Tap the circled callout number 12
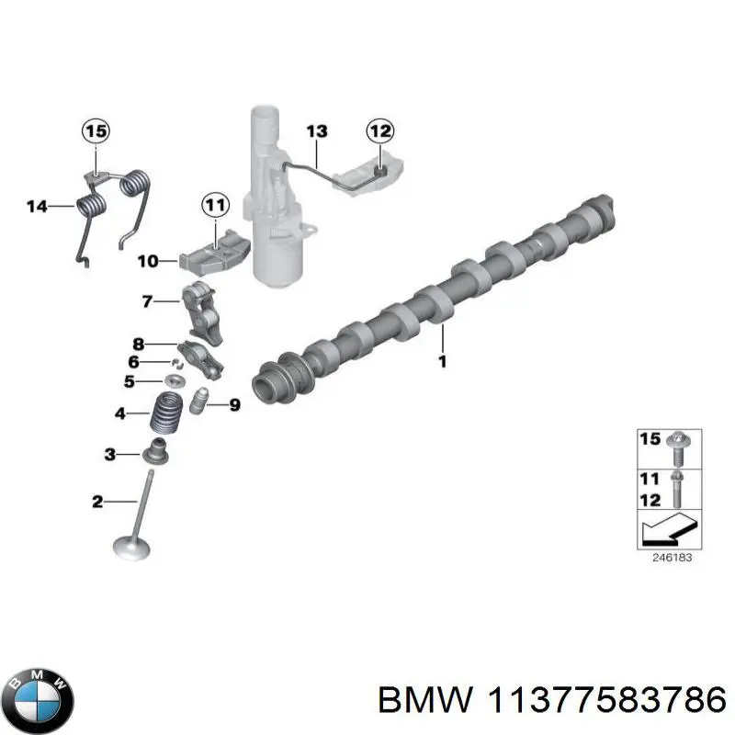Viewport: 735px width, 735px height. click(x=379, y=132)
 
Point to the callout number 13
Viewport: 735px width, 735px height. click(x=315, y=132)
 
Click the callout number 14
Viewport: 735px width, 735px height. click(x=37, y=207)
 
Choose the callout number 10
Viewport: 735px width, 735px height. click(x=148, y=262)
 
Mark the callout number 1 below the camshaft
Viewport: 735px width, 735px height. click(x=441, y=361)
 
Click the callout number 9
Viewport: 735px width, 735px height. click(x=234, y=404)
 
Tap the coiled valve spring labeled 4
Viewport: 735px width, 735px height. click(x=167, y=415)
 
